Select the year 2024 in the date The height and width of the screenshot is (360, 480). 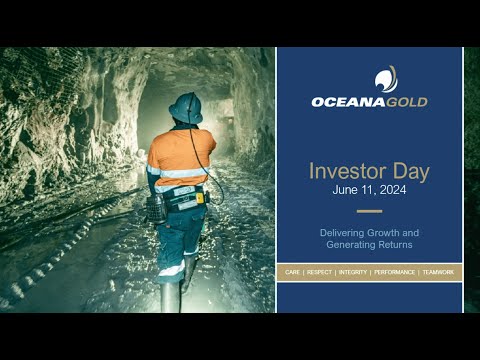coord(393,190)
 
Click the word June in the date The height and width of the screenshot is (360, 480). coord(345,190)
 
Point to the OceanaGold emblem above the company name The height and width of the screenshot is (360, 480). coord(386,79)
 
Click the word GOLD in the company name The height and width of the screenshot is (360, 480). coord(407,102)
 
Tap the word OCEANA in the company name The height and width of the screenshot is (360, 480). coord(348,102)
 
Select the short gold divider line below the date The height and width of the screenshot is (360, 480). coord(369,211)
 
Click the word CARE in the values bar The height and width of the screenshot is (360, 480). coord(292,272)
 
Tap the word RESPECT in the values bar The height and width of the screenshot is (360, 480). coord(319,272)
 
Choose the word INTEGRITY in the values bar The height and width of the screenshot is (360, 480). coord(353,272)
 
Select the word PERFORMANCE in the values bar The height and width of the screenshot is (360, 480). coord(394,272)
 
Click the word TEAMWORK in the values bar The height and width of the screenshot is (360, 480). coord(438,272)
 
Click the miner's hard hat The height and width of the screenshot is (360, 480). coord(186,108)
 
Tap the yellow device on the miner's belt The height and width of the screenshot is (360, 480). coord(200,198)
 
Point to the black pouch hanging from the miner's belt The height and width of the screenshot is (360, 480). coord(156,209)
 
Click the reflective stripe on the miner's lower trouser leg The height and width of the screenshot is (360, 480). coord(172,269)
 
